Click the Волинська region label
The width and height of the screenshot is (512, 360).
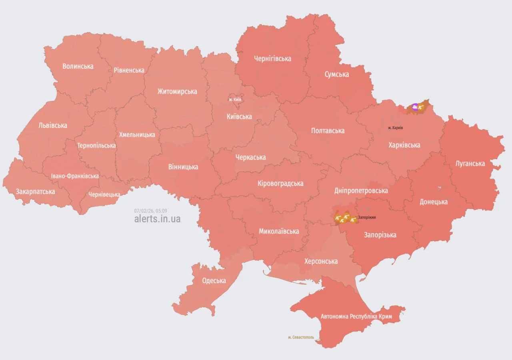coord(78,66)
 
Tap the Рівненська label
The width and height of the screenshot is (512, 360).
coord(129,70)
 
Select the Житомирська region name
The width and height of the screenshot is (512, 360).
coord(177,92)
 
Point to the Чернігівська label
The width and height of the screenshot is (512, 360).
coord(272,59)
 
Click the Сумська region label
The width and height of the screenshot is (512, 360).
coord(336,74)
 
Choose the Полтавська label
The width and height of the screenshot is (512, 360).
coord(328,131)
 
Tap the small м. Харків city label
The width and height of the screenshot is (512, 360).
coord(395,128)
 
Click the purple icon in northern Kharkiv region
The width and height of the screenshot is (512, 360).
coord(415,107)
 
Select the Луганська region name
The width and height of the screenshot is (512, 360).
coord(470,164)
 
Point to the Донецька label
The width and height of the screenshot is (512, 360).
coord(433,202)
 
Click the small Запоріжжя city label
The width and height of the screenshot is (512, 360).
coord(367,217)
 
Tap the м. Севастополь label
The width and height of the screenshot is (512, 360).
coord(301,337)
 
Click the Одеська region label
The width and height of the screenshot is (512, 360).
coord(214,281)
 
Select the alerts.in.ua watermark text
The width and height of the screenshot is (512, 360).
coord(157,219)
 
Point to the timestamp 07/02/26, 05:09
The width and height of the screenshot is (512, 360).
coord(150,211)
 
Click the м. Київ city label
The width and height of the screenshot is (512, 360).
coord(235,99)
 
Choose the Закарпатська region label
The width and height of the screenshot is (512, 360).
coord(35,192)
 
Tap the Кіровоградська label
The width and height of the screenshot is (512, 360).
coord(280,184)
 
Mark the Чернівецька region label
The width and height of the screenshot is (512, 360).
coord(104,195)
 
